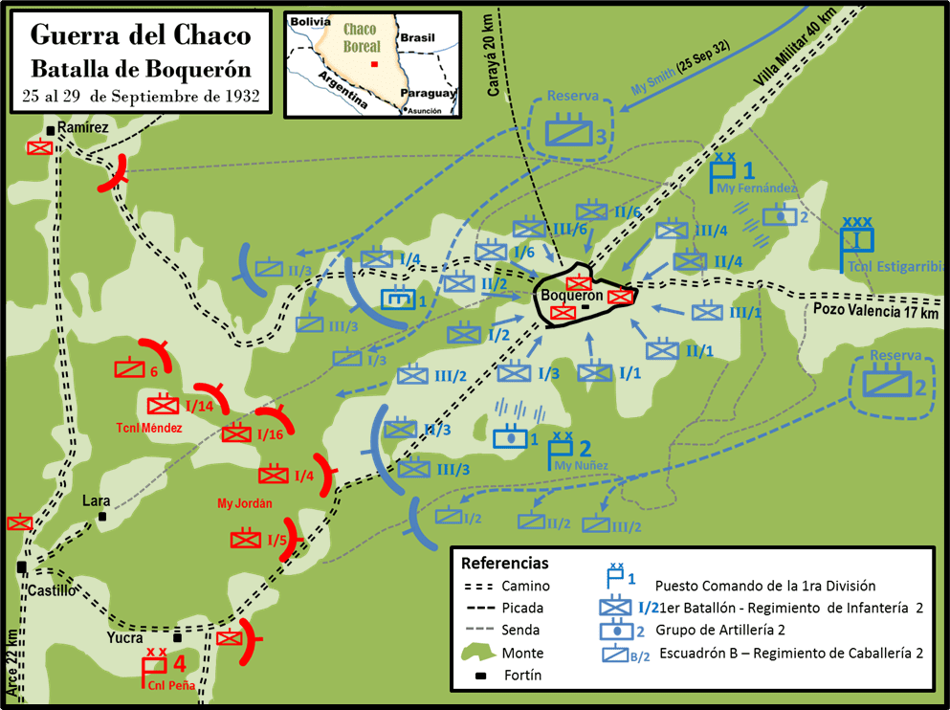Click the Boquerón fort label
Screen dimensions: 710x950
pyautogui.click(x=572, y=296)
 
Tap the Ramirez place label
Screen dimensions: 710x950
pyautogui.click(x=84, y=126)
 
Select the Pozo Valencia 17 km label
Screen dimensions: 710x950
pyautogui.click(x=875, y=311)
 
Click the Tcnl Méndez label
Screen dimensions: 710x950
pyautogui.click(x=148, y=428)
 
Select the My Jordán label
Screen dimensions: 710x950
pyautogui.click(x=245, y=503)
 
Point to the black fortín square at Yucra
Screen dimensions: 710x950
pyautogui.click(x=176, y=636)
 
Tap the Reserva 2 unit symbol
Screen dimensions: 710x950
pyautogui.click(x=887, y=385)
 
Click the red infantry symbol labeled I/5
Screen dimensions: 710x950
pyautogui.click(x=246, y=540)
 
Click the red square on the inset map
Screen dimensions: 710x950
pyautogui.click(x=375, y=64)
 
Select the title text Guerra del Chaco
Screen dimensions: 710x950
pyautogui.click(x=141, y=35)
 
